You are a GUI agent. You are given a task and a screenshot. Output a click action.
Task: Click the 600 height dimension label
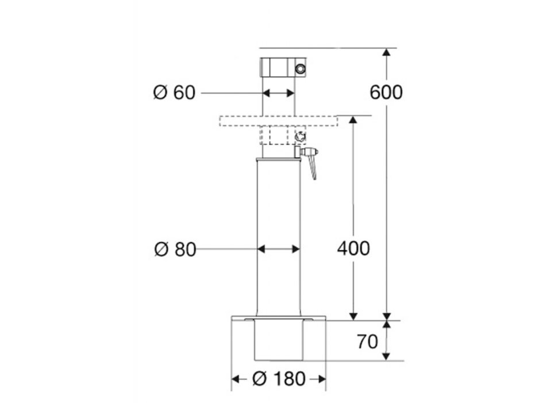point(386,92)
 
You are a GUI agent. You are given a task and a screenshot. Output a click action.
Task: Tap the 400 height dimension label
point(353,249)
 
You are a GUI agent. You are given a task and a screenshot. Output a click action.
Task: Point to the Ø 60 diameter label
point(175,92)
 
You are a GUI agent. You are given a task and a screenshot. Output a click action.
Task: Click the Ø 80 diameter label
point(175,249)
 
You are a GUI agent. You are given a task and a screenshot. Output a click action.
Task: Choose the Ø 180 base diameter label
point(278,378)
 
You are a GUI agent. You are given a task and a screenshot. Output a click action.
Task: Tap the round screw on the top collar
point(301,69)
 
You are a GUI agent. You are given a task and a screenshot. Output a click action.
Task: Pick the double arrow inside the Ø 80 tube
point(279,249)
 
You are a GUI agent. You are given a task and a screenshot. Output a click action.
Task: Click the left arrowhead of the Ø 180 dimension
point(235,378)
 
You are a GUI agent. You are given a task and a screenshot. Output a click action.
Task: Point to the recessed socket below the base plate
point(279,340)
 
